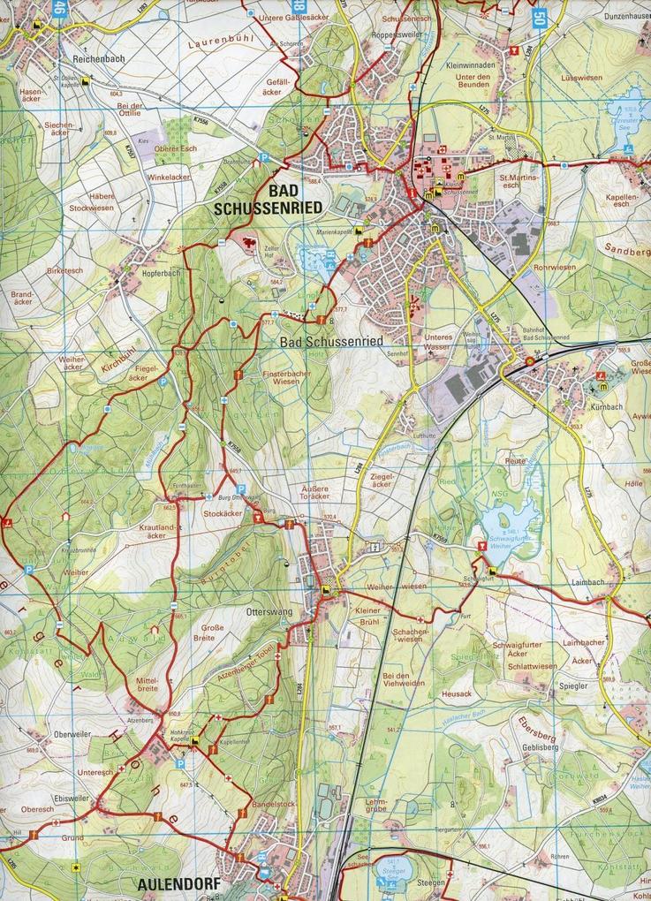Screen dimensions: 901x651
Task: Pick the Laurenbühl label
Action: click(x=220, y=40)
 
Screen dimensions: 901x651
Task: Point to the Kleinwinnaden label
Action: click(x=471, y=64)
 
